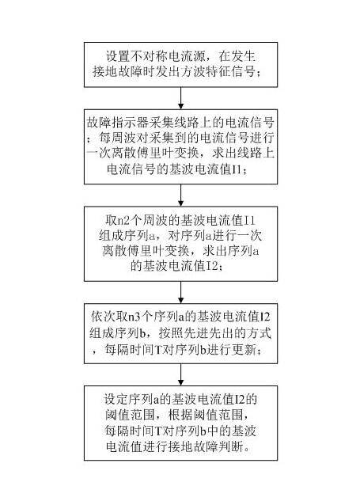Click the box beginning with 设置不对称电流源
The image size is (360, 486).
182,65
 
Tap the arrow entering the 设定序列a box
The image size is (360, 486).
182,375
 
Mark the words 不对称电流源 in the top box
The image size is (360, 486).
167,57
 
